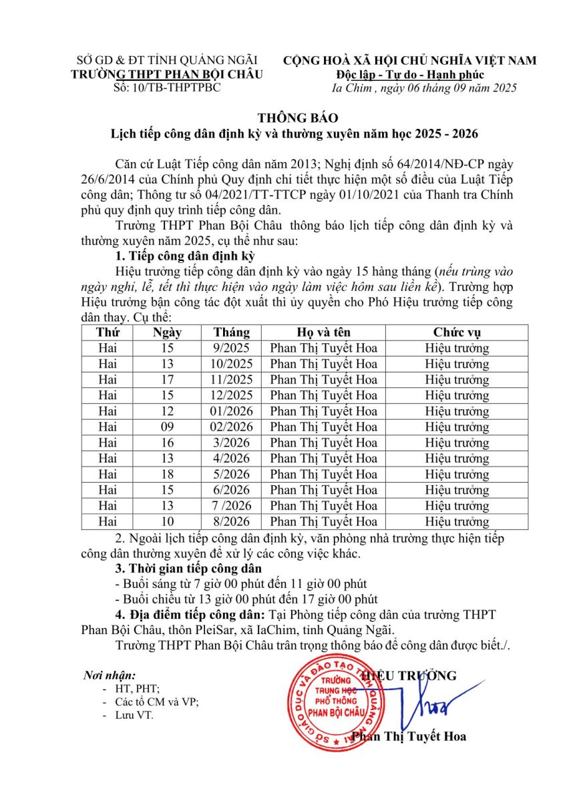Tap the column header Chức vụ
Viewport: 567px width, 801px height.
pyautogui.click(x=457, y=332)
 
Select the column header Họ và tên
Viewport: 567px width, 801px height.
pyautogui.click(x=323, y=332)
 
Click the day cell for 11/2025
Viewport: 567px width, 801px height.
pyautogui.click(x=167, y=380)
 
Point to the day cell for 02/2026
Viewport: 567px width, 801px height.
pyautogui.click(x=167, y=427)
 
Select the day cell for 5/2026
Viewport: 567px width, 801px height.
pyautogui.click(x=167, y=474)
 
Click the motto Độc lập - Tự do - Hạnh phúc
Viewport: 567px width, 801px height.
pyautogui.click(x=410, y=74)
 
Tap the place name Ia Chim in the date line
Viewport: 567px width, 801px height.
pyautogui.click(x=349, y=88)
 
